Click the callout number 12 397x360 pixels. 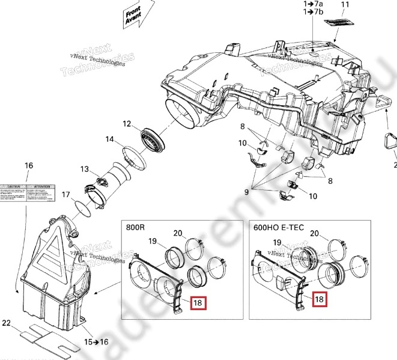[127, 124]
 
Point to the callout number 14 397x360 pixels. [109, 139]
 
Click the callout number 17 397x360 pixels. [65, 194]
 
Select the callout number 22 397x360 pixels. [7, 324]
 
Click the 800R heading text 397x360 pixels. [136, 228]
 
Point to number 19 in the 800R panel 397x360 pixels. [153, 242]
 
